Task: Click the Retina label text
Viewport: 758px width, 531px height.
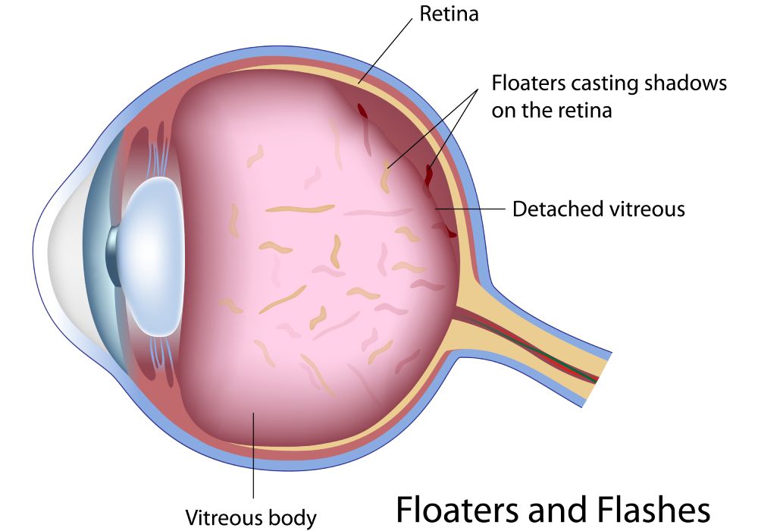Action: point(449,14)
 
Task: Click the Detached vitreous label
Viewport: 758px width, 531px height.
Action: point(599,209)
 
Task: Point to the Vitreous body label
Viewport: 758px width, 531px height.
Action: point(251,517)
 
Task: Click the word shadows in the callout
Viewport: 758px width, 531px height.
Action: point(686,83)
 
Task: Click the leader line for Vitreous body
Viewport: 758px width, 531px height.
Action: point(253,455)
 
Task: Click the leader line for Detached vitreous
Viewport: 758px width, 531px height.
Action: point(470,209)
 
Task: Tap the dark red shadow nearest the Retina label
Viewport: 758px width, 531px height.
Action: point(362,111)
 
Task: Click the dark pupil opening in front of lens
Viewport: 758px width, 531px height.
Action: point(112,256)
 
